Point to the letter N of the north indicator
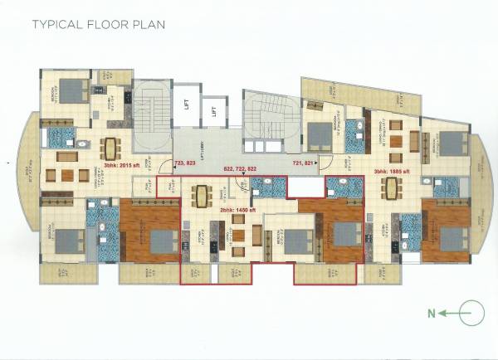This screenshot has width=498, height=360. (431, 314)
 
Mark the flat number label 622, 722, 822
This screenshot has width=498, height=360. (246, 168)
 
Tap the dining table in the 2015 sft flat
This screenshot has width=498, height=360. (109, 148)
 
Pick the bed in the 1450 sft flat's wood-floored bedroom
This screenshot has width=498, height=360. (340, 241)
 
